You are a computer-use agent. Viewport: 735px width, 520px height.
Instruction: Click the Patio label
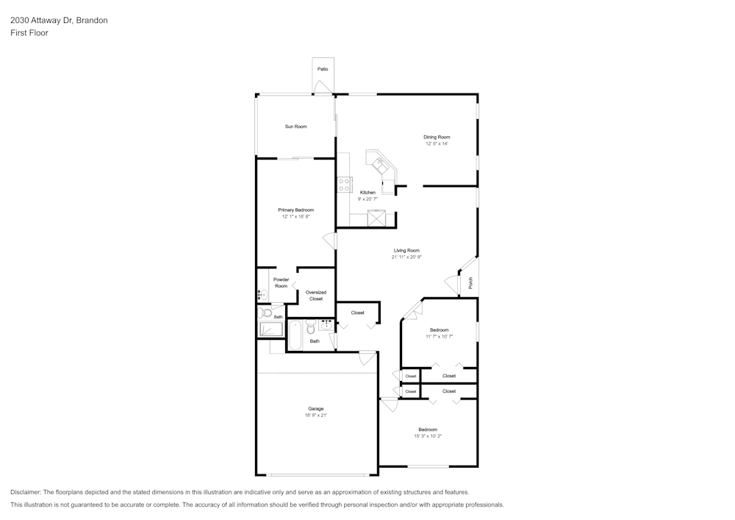pos(323,69)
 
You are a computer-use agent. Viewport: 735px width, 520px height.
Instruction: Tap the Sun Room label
pos(295,127)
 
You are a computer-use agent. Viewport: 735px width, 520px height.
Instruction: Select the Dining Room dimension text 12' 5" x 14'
pos(437,144)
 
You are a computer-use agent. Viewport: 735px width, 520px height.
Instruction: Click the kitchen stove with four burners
pos(344,185)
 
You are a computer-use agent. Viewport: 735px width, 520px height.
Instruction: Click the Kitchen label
pos(367,193)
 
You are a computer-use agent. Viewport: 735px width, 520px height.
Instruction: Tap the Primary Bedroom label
pos(295,210)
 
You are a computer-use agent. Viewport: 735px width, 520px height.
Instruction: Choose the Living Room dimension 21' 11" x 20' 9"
pos(406,257)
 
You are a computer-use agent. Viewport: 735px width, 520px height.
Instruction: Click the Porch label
pos(470,282)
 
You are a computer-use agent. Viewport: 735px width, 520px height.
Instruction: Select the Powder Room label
pos(282,282)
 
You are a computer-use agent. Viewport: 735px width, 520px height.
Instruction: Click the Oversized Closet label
pos(316,296)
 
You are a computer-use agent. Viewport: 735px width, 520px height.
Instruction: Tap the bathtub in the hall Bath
pos(295,335)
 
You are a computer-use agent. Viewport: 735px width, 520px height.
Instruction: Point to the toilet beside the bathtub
pos(311,327)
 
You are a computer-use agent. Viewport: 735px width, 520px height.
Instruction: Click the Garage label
pos(316,409)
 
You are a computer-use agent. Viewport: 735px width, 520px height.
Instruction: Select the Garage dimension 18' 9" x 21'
pos(316,416)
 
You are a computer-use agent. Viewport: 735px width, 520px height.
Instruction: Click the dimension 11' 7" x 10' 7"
pos(440,337)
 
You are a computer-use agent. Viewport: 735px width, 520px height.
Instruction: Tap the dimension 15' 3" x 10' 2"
pos(428,436)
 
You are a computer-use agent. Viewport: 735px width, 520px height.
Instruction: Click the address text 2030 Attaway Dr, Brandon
pos(59,20)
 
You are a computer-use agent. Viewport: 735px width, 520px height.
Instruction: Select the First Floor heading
pos(29,33)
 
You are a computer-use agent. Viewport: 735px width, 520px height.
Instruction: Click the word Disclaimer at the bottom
pos(26,492)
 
